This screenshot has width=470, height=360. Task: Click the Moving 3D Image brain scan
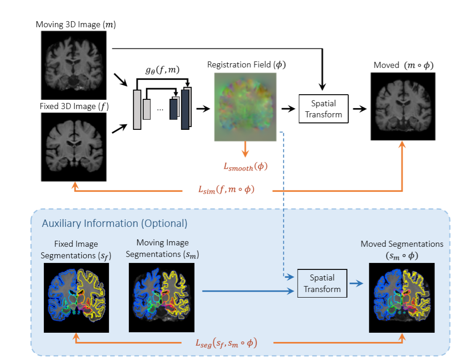[74, 66]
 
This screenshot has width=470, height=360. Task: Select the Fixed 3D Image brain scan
[74, 147]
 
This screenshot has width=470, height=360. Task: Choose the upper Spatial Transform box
[324, 109]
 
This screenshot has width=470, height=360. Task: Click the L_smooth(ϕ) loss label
[245, 167]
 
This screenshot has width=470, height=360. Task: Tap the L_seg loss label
[226, 342]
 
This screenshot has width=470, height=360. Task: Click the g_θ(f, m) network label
[162, 70]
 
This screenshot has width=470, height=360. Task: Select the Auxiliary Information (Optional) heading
[115, 224]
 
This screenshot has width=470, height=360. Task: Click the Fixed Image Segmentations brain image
[76, 298]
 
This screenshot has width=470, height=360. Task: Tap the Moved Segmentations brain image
[402, 298]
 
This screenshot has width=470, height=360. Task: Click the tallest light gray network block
[137, 110]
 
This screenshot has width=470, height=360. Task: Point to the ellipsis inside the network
[159, 110]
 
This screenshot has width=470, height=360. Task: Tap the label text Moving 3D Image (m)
[75, 24]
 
